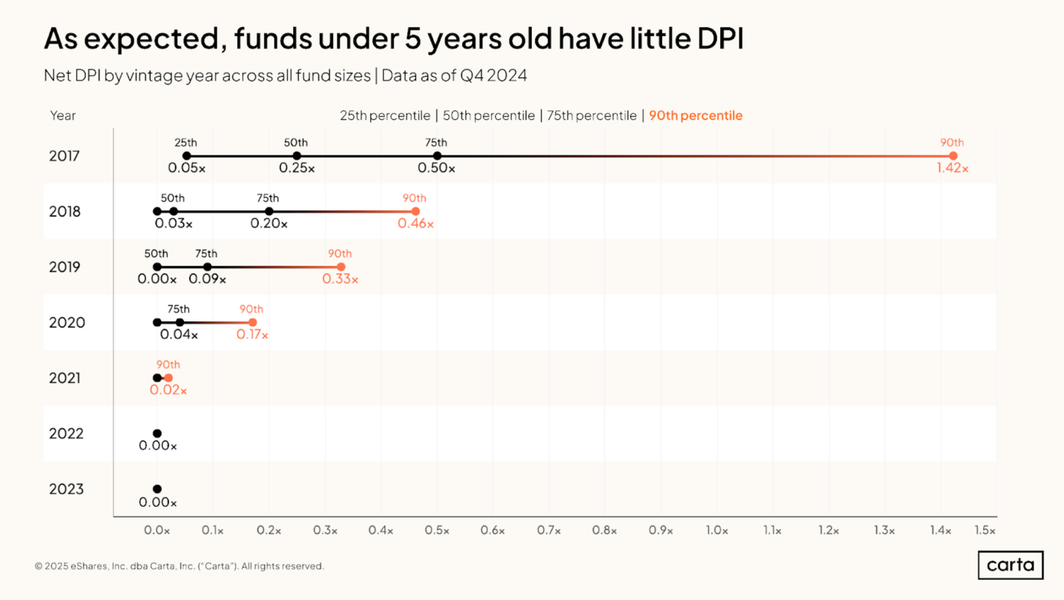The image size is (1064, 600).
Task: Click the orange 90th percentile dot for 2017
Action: pyautogui.click(x=953, y=156)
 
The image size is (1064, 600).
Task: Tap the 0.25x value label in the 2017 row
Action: pyautogui.click(x=297, y=168)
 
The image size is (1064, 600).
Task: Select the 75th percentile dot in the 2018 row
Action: pyautogui.click(x=269, y=211)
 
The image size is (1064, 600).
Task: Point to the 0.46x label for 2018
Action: pyautogui.click(x=416, y=223)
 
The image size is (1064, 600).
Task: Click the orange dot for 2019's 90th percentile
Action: pyautogui.click(x=341, y=267)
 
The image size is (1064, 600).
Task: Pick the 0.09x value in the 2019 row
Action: pyautogui.click(x=207, y=279)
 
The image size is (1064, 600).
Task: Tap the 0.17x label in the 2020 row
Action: pyautogui.click(x=252, y=335)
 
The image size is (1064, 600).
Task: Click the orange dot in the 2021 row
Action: pyautogui.click(x=168, y=378)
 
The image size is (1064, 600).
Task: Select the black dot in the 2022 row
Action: pyautogui.click(x=157, y=433)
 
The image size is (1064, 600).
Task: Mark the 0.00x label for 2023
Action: pyautogui.click(x=157, y=502)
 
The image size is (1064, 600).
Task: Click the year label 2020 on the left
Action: pyautogui.click(x=67, y=323)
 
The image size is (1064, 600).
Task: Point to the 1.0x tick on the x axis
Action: pyautogui.click(x=717, y=531)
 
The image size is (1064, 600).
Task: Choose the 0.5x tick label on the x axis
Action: pyautogui.click(x=437, y=531)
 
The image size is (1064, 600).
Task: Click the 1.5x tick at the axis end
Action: pyautogui.click(x=984, y=531)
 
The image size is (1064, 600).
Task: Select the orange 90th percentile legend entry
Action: pyautogui.click(x=696, y=115)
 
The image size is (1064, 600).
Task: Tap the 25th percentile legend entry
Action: pyautogui.click(x=385, y=115)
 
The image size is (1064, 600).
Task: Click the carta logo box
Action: pyautogui.click(x=1010, y=565)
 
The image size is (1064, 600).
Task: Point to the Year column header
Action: pyautogui.click(x=63, y=115)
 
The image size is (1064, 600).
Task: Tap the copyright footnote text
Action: pyautogui.click(x=179, y=566)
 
